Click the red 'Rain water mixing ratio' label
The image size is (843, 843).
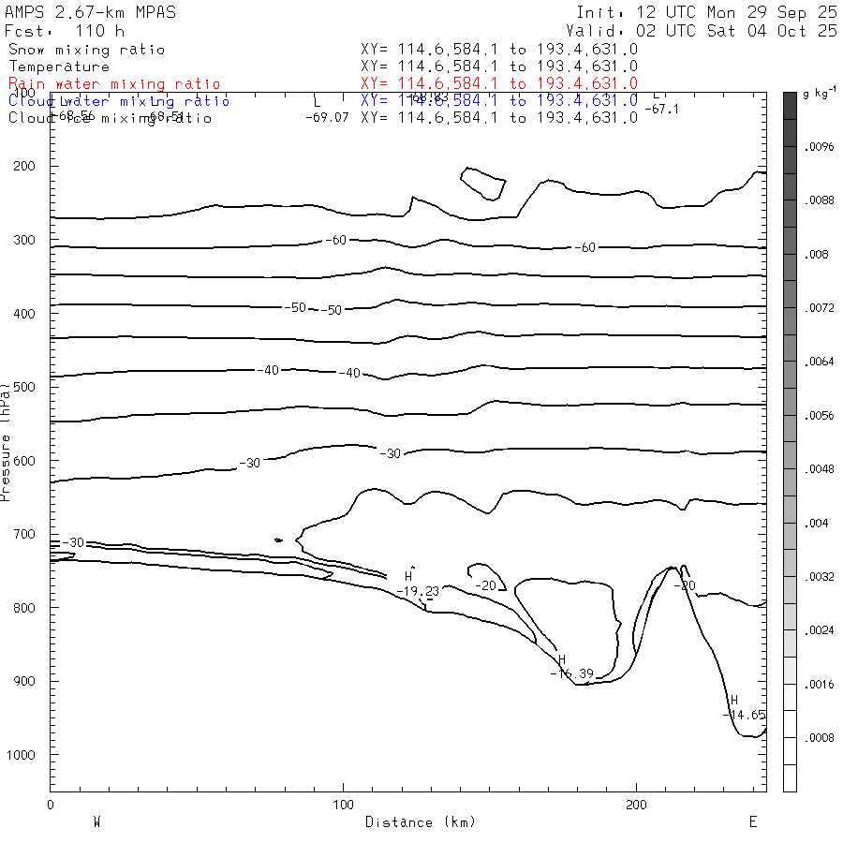click(114, 84)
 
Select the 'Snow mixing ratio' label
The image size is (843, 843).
click(86, 50)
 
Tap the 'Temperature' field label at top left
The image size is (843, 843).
click(59, 67)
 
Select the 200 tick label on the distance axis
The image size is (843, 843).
click(637, 806)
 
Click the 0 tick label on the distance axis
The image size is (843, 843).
click(50, 806)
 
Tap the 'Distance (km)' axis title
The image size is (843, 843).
click(421, 822)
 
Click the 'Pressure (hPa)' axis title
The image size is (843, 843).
click(7, 440)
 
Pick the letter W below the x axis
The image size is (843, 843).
click(96, 822)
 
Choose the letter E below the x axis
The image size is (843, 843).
click(753, 822)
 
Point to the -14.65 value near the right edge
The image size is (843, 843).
click(746, 715)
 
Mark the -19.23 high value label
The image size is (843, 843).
click(418, 591)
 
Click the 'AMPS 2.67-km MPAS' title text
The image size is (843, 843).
click(90, 12)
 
